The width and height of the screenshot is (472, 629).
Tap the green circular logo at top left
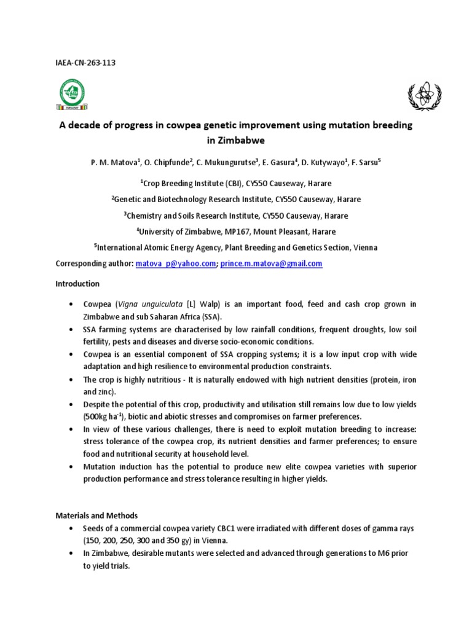[x=72, y=94]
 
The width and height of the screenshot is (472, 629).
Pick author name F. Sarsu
[x=366, y=162]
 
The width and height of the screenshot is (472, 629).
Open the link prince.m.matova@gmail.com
[x=271, y=264]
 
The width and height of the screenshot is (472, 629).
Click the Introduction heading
[x=77, y=284]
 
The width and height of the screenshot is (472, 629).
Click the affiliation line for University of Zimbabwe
[x=235, y=232]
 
